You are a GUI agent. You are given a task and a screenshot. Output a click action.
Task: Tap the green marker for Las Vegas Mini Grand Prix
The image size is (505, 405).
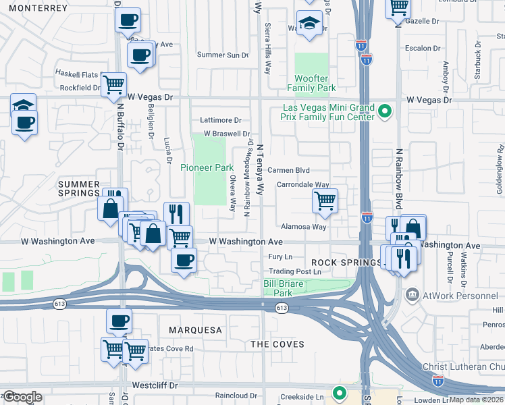coord(385,110)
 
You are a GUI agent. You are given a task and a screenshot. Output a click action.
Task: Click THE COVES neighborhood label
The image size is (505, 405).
coord(277,344)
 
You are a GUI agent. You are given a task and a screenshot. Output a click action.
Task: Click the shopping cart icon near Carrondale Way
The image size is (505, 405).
coord(325,200)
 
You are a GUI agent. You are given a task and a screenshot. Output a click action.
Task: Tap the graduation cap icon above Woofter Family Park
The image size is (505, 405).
coord(308,22)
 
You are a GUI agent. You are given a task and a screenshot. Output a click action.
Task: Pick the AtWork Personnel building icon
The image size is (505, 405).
coord(412,294)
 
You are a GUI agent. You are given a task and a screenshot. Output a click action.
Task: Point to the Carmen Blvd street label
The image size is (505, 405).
coord(288,171)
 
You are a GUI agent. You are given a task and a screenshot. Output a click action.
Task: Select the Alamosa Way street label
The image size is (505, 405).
coord(304,227)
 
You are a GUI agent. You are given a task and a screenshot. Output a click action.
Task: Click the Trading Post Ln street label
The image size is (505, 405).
coord(294,271)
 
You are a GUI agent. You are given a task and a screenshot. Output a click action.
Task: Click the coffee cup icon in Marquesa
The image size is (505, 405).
coord(119,321)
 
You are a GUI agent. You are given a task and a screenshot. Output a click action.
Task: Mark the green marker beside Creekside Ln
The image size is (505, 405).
coord(340,392)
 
